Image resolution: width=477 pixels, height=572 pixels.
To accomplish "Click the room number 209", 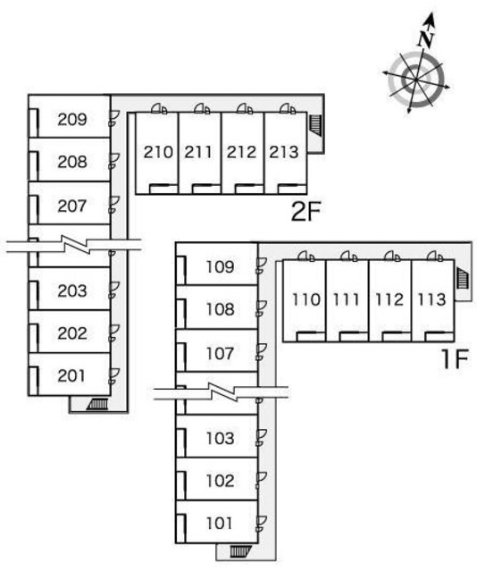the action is tap(72, 119).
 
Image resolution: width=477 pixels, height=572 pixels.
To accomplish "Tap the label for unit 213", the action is tap(284, 152).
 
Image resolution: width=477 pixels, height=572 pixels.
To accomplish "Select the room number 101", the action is tap(220, 524).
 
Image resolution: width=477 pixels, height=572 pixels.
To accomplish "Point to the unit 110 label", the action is tap(306, 299).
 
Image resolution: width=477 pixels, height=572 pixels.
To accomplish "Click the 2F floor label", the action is tap(305, 212).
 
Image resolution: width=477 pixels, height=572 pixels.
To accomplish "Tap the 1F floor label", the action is tap(454, 359).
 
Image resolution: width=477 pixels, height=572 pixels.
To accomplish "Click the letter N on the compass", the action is tap(425, 39).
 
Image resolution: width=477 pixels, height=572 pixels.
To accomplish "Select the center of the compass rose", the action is tap(415, 80).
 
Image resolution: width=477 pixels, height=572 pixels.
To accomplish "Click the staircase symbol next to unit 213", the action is tap(316, 125).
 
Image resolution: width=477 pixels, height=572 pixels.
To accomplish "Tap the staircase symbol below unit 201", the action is tap(97, 404).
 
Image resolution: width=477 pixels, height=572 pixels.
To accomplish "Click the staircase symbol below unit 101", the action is tap(240, 551).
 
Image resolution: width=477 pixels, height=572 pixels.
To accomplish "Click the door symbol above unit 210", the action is tap(159, 109).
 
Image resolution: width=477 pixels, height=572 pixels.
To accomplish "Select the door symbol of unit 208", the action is tap(113, 161).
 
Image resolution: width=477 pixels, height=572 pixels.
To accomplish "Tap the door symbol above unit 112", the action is tap(392, 257).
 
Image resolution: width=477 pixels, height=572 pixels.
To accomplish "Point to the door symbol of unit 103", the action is tap(262, 437).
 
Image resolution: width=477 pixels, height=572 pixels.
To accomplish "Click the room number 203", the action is tap(72, 290).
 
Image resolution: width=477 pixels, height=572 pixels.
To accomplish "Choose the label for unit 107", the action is tap(220, 354).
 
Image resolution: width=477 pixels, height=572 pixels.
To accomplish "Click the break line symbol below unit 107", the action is tap(222, 391).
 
